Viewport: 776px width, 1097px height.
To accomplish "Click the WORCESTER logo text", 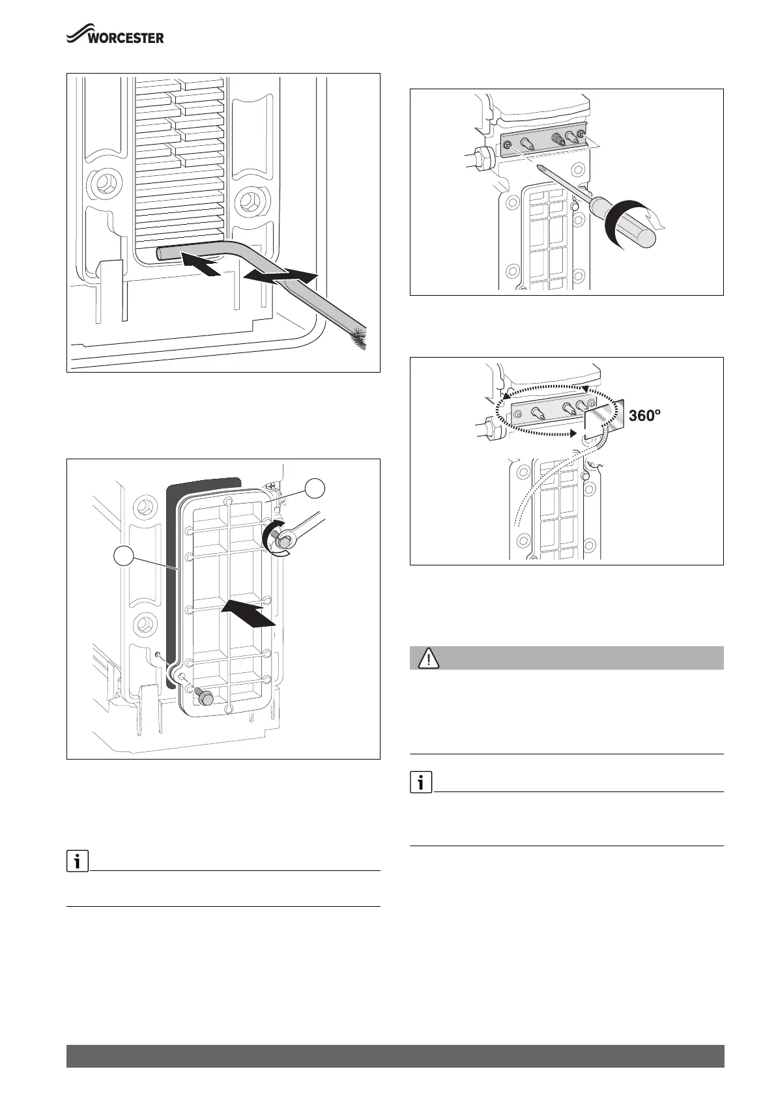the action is [x=126, y=38].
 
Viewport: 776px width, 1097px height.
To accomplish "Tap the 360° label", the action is [x=645, y=416].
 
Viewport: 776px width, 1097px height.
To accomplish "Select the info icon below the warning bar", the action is [x=421, y=783].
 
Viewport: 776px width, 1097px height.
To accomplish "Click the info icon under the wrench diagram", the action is [x=78, y=862].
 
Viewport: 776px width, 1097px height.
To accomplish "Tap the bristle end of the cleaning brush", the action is [x=360, y=340].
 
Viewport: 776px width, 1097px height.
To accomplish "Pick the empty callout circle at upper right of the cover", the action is [x=316, y=489].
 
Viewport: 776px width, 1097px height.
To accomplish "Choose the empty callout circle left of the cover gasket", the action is [x=124, y=558].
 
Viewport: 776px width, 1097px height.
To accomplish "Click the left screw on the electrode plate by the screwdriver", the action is [x=508, y=151].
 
